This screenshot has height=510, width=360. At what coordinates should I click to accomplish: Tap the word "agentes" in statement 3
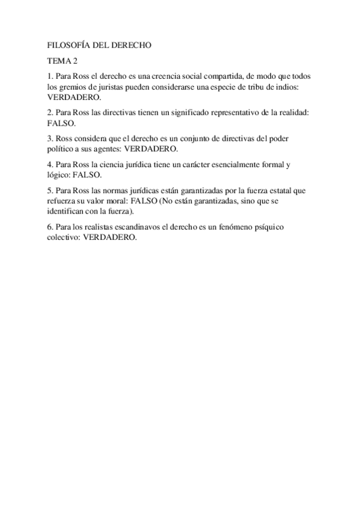pyautogui.click(x=105, y=148)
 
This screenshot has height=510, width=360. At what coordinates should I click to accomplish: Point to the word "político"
pyautogui.click(x=63, y=148)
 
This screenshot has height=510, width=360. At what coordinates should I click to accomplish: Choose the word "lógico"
pyautogui.click(x=59, y=174)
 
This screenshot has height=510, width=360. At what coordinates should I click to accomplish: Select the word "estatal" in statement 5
pyautogui.click(x=273, y=191)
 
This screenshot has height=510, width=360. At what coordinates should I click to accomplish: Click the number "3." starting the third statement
pyautogui.click(x=50, y=138)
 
